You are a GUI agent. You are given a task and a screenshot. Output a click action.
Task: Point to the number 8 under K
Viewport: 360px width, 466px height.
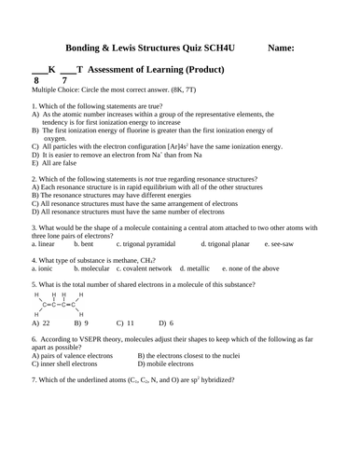click(x=36, y=81)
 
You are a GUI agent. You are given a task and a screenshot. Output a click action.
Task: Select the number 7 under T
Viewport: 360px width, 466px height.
click(x=63, y=81)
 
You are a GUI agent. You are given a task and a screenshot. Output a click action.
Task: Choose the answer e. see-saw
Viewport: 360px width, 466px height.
click(x=279, y=242)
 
